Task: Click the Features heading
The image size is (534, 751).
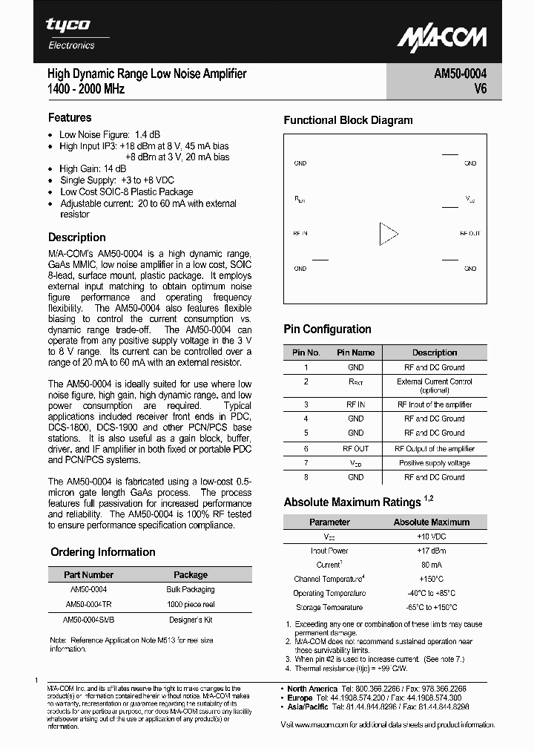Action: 70,117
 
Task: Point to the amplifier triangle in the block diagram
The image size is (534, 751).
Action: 388,233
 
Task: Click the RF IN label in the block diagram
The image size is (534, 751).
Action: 300,233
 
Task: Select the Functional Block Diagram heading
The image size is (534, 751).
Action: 348,120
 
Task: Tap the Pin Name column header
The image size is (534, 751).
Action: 355,352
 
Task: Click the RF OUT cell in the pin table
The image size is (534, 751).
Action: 355,448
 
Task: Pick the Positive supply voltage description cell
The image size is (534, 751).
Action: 435,463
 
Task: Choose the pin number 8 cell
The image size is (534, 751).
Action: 306,477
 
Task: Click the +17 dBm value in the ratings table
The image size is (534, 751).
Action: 431,551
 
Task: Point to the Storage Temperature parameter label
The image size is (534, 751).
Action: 329,607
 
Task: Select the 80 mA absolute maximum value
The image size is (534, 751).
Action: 431,564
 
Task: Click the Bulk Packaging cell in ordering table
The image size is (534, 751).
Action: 191,589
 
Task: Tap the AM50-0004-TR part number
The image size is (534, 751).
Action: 88,604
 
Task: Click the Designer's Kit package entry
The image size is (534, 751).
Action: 191,619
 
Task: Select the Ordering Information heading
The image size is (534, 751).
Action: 103,552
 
